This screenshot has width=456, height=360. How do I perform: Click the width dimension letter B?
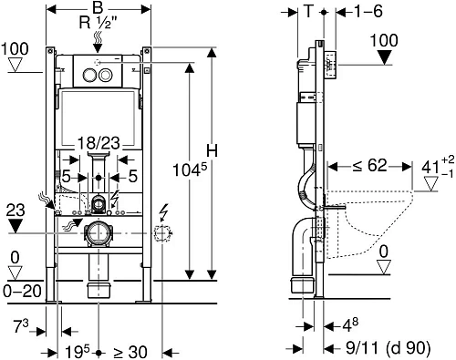click(x=98, y=8)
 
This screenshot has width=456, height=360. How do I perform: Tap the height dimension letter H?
click(x=212, y=150)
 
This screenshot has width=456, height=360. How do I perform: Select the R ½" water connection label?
click(x=98, y=22)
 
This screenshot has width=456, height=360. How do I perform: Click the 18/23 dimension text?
click(x=98, y=143)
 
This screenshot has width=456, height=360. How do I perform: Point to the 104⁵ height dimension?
click(x=190, y=170)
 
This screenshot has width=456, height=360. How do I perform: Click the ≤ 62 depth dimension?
click(x=369, y=166)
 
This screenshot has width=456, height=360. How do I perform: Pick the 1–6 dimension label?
click(x=368, y=12)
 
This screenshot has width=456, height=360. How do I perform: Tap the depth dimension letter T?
click(x=308, y=12)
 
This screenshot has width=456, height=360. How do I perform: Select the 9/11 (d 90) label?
click(x=389, y=348)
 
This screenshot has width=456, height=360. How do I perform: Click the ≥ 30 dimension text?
click(x=130, y=353)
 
